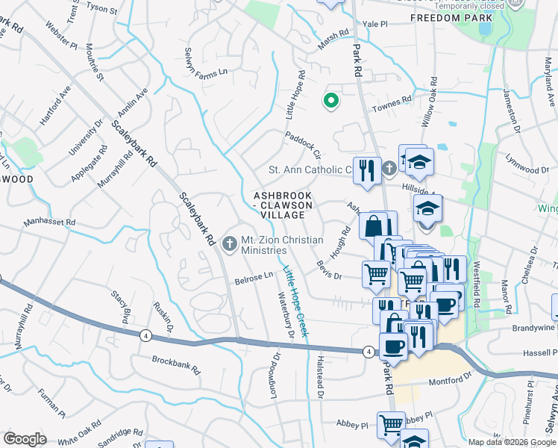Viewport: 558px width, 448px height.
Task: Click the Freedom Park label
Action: [x=452, y=17]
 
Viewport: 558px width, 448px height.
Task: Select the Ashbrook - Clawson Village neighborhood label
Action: [x=280, y=205]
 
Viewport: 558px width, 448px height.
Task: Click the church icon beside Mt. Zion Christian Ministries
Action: [x=228, y=240]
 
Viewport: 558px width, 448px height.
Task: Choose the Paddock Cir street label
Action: [x=302, y=146]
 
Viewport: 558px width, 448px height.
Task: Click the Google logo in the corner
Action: [x=25, y=439]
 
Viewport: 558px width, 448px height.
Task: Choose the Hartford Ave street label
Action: [x=56, y=105]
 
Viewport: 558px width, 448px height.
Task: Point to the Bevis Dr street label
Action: [x=327, y=270]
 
